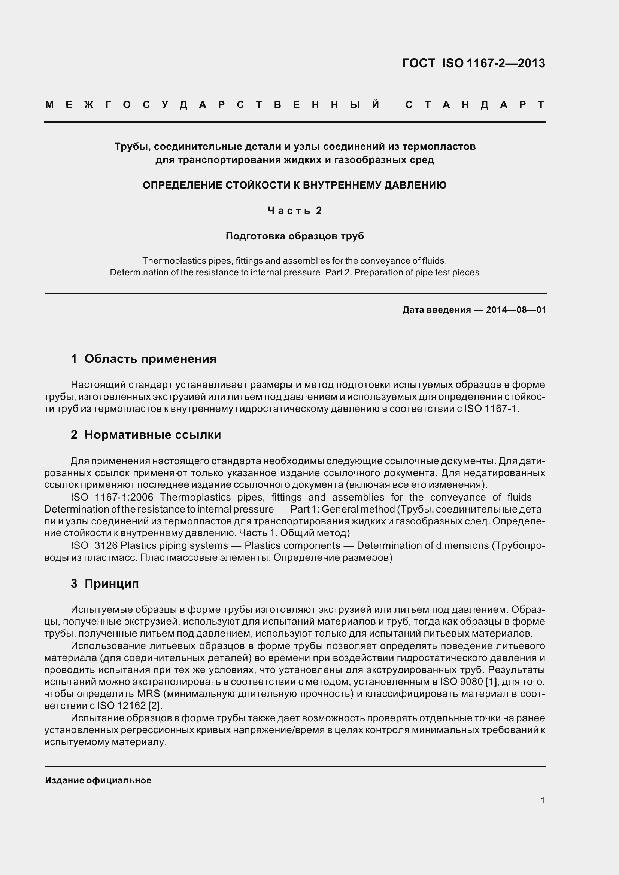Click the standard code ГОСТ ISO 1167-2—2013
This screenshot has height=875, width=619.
474,63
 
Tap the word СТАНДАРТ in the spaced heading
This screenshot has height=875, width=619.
475,105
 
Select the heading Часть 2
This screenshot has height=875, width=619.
295,211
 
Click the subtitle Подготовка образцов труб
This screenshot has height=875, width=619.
295,236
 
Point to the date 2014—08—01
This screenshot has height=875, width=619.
516,310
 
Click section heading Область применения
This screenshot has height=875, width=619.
150,359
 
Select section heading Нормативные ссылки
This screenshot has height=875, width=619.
152,435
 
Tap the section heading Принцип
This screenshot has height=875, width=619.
111,584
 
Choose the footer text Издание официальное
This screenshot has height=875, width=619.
98,780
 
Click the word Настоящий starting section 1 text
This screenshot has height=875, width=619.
98,385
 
